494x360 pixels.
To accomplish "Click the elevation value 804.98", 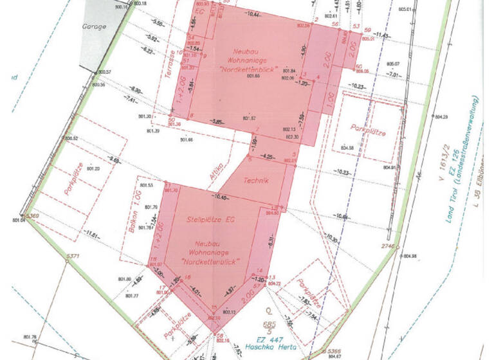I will [410, 256].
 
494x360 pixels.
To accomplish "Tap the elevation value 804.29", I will [441, 117].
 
